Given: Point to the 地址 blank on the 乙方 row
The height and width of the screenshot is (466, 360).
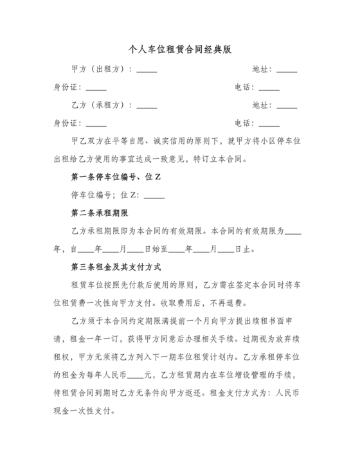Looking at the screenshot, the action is tap(287, 106).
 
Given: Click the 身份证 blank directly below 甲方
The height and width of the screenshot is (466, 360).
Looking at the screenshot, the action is tap(96, 88).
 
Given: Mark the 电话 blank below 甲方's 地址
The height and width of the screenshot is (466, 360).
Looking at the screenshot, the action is tap(269, 88).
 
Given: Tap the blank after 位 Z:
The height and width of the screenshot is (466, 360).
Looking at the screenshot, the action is tap(154, 195).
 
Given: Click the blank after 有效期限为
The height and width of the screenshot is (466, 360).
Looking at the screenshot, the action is tap(293, 231).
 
